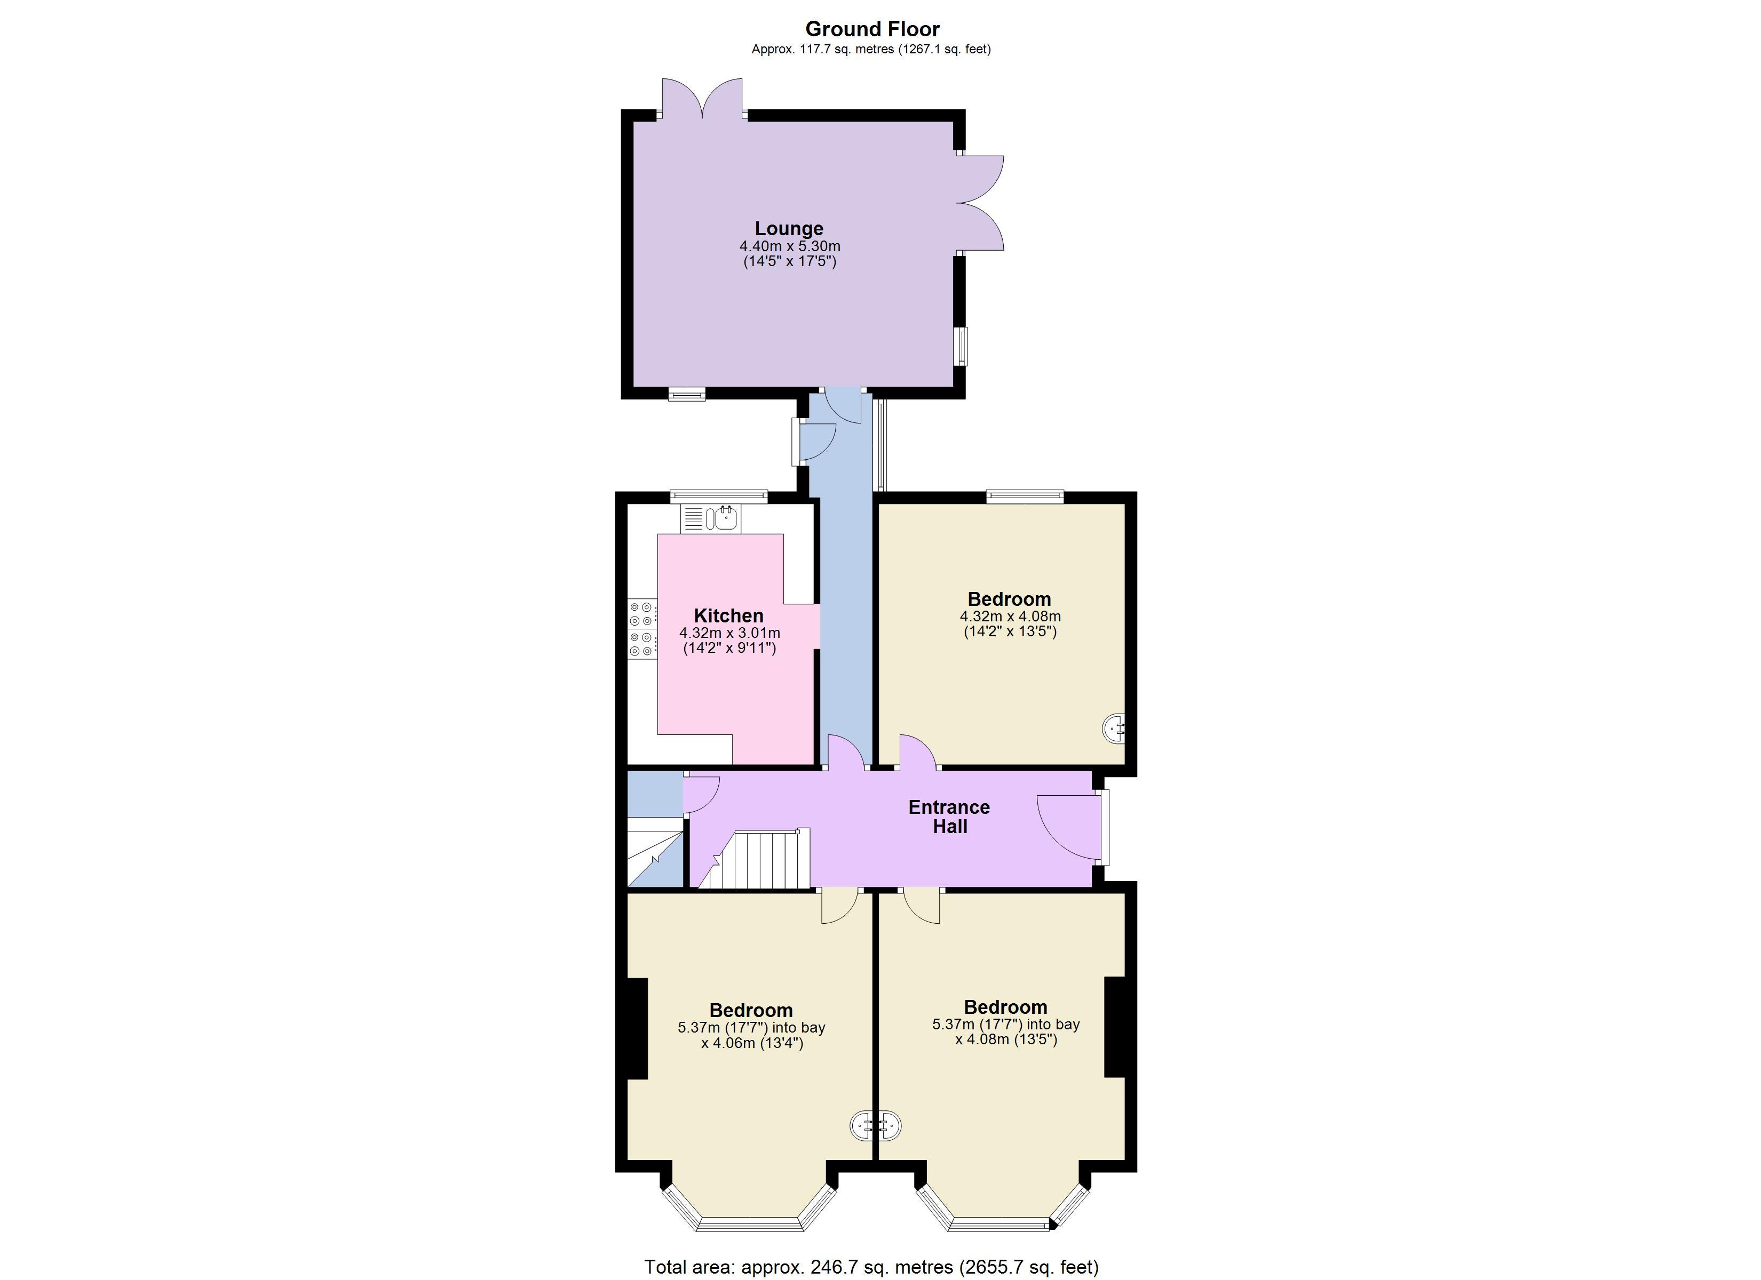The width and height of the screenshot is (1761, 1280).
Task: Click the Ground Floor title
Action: click(x=872, y=29)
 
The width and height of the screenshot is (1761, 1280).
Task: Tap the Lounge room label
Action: click(x=789, y=228)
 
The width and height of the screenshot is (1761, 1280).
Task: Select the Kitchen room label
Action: click(x=728, y=615)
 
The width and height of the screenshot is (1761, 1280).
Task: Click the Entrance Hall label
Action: click(x=949, y=817)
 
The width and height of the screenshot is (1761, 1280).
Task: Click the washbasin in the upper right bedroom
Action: click(x=1114, y=728)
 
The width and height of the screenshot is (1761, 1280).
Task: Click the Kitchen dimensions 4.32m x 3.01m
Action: click(x=730, y=633)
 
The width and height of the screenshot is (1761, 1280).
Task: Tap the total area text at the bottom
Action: click(x=871, y=1267)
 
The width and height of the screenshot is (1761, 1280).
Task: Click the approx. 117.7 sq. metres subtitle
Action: click(x=871, y=49)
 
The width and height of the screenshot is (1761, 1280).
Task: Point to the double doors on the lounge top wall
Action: click(x=703, y=99)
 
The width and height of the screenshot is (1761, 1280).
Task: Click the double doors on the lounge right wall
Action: click(x=980, y=203)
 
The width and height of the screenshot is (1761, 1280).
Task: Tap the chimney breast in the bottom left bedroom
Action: click(x=637, y=1028)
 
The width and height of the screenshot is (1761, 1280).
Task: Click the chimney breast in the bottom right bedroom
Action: click(x=1115, y=1026)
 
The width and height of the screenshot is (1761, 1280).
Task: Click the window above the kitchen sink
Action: click(x=719, y=496)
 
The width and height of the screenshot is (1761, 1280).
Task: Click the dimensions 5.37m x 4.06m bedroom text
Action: click(x=751, y=1035)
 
